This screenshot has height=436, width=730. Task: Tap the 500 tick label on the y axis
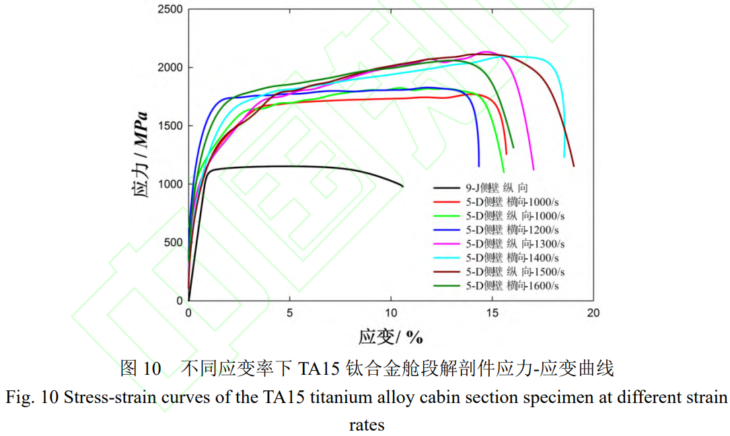tap(172, 242)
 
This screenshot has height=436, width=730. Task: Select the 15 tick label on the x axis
tap(492, 313)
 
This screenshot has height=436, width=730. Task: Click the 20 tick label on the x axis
tap(593, 313)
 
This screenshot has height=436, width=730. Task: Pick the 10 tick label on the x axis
tap(391, 313)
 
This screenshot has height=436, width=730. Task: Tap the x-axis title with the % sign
tap(390, 336)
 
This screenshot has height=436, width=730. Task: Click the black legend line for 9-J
tap(448, 188)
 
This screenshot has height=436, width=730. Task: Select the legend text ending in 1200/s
tap(515, 230)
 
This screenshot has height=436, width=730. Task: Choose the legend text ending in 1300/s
tap(515, 244)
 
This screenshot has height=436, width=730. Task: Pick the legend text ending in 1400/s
tap(515, 258)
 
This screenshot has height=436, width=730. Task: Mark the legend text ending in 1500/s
tap(515, 272)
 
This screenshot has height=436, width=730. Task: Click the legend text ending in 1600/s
tap(515, 286)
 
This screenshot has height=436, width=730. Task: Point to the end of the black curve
tap(402, 186)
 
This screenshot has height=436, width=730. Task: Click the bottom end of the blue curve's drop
tap(479, 166)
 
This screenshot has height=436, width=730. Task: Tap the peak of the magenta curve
tap(486, 51)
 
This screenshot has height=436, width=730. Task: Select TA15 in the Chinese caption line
tap(320, 368)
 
